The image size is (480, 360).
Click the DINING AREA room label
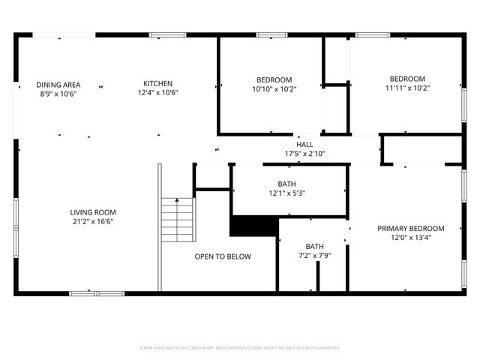[x=58, y=85]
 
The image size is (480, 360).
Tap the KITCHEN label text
[x=158, y=83]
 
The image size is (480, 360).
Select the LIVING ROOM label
[x=93, y=212]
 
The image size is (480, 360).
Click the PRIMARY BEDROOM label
[x=410, y=229]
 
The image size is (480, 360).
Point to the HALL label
[x=304, y=145]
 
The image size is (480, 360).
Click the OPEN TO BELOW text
[x=223, y=256]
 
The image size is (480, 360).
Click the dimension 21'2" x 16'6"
[x=93, y=221]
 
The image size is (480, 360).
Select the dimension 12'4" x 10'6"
[x=157, y=93]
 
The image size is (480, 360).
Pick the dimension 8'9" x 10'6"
[x=58, y=94]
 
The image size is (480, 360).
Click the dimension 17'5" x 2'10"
[x=304, y=154]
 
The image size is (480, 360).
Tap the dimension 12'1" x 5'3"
[x=286, y=193]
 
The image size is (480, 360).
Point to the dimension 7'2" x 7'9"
[x=314, y=256]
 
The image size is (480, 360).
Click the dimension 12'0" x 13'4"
[x=410, y=238]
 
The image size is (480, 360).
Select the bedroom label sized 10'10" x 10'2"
[x=274, y=79]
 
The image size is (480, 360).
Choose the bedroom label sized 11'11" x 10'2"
[x=406, y=79]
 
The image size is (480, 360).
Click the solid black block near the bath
[x=253, y=225]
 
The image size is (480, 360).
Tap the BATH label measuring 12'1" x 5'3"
[x=286, y=184]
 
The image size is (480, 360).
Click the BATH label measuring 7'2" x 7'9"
[x=314, y=247]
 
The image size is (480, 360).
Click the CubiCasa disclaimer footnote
[x=240, y=348]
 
